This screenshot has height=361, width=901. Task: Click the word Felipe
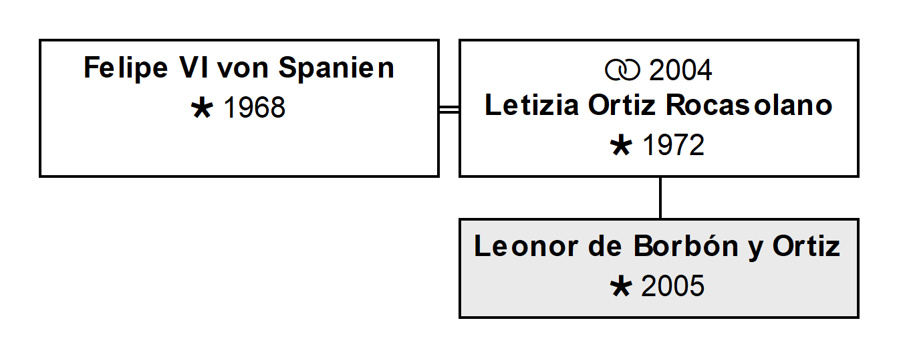click(x=126, y=68)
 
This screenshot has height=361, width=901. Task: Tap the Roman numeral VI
click(x=195, y=68)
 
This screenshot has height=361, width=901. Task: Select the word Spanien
click(x=336, y=68)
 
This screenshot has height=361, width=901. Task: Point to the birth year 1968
click(x=254, y=108)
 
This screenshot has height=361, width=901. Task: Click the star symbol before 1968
click(x=202, y=109)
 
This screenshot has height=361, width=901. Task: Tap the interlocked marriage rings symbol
click(x=622, y=70)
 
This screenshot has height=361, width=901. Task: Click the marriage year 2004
click(x=680, y=70)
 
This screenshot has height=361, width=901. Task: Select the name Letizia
click(x=532, y=105)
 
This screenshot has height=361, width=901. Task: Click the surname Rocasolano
click(x=749, y=105)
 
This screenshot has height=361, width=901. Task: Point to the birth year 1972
click(x=674, y=145)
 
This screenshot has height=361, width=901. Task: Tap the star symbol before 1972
click(x=621, y=146)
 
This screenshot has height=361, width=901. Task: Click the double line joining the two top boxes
click(x=449, y=110)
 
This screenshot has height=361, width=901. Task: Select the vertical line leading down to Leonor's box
click(x=660, y=198)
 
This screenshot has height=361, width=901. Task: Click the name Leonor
click(x=526, y=246)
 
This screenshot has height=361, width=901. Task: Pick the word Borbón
click(x=686, y=245)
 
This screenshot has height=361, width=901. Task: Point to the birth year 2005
click(x=673, y=286)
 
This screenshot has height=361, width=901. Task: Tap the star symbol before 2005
click(x=621, y=287)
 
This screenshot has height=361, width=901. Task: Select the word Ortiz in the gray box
click(x=806, y=246)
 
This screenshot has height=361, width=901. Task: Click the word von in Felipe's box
click(x=243, y=70)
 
